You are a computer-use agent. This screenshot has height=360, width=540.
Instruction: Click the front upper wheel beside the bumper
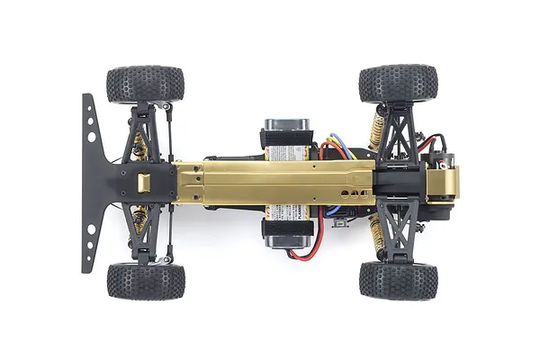[145, 84]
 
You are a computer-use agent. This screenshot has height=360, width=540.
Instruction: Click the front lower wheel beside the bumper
[145, 281]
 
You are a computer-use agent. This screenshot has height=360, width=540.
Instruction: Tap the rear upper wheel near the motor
[398, 83]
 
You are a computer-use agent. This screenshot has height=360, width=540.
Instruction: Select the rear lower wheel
[398, 280]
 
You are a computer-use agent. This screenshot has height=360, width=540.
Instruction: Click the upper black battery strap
[285, 139]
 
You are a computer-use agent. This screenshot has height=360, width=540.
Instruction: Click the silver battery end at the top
[285, 124]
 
